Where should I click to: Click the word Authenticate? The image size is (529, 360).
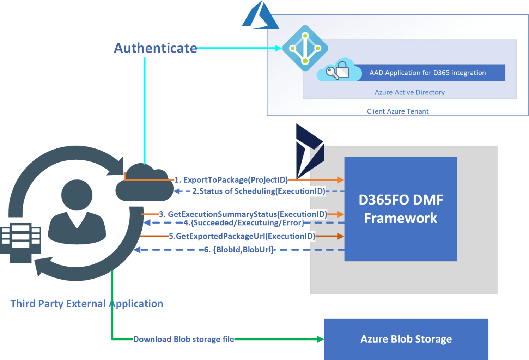point(155,48)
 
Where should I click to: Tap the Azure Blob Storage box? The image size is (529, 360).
point(406,339)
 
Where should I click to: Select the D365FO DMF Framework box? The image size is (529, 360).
point(400,209)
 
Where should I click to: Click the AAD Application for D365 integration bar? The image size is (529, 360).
point(427,73)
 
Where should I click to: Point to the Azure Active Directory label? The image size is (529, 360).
point(409,92)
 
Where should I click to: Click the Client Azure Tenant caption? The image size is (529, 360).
point(397,111)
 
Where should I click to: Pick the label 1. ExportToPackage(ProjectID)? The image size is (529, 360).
point(231,180)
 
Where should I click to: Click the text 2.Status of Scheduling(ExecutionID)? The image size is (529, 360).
point(259,191)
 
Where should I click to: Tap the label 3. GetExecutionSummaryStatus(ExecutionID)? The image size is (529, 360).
point(243,214)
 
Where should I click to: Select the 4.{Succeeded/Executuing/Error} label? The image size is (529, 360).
point(244,223)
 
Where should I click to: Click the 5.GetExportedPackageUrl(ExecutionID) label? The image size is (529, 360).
point(242,236)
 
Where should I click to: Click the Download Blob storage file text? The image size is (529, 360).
point(183,339)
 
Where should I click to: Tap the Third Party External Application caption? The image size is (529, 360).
point(87,304)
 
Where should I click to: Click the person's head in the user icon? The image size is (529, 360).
point(77,195)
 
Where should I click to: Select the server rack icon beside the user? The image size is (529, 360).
point(20,243)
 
